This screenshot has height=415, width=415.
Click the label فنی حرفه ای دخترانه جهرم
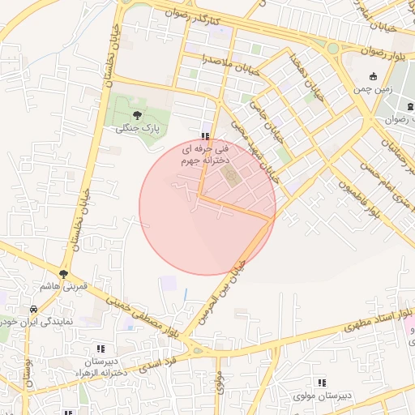pyautogui.click(x=205, y=156)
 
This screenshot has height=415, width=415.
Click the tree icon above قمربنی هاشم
pyautogui.click(x=63, y=275)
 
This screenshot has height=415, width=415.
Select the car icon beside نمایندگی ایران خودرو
pyautogui.click(x=32, y=310)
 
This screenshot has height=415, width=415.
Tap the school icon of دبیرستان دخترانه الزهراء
pyautogui.click(x=101, y=349)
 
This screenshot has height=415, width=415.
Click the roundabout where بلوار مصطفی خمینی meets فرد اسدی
pyautogui.click(x=199, y=350)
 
